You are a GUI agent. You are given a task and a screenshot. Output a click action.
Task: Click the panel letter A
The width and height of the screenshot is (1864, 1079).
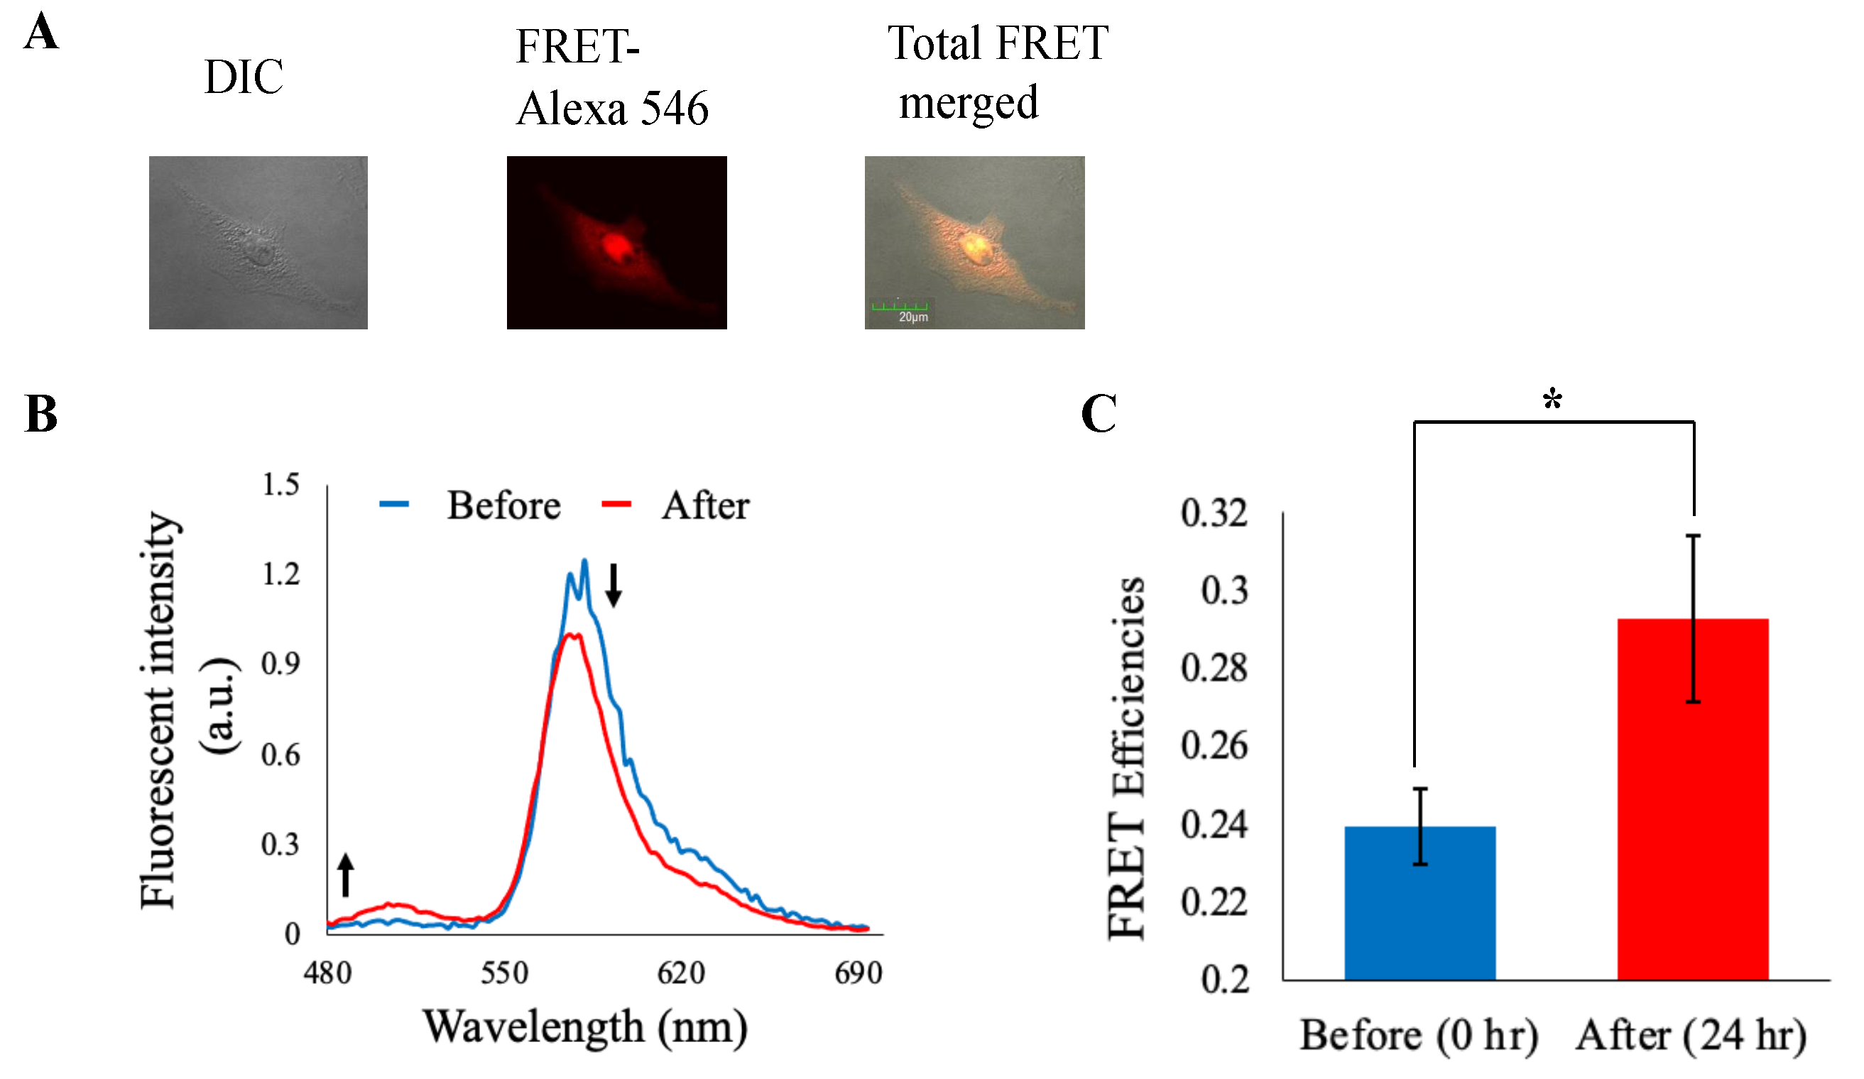[40, 33]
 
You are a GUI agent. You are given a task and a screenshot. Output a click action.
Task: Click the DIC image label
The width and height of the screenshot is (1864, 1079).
[244, 77]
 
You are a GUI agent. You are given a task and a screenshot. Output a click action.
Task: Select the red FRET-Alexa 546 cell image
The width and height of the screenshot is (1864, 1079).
[616, 243]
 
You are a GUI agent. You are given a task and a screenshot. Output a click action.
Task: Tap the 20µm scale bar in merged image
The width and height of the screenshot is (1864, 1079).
[900, 309]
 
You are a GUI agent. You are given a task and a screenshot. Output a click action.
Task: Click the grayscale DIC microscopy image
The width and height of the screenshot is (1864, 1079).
[258, 243]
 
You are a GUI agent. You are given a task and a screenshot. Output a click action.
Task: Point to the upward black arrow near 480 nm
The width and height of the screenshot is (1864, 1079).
[345, 875]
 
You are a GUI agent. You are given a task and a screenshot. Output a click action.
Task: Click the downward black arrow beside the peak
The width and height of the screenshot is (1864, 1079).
[614, 585]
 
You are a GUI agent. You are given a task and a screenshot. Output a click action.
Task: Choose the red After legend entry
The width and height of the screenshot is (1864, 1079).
[675, 506]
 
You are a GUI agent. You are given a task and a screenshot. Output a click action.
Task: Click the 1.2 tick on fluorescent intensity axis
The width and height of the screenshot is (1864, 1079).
[281, 574]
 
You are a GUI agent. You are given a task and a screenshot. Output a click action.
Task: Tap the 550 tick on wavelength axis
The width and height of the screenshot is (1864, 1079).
[504, 973]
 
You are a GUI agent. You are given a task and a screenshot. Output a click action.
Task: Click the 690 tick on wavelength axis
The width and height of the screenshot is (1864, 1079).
[858, 973]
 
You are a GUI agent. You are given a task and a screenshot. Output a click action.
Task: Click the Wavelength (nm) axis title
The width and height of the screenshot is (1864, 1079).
[585, 1027]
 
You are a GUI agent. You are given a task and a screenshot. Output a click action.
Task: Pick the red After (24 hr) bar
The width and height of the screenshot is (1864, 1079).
[1692, 799]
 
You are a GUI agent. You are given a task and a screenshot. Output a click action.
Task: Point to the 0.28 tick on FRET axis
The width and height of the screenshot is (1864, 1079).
[1213, 668]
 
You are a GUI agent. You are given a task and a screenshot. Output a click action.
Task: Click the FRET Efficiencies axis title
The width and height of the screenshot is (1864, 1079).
[1126, 758]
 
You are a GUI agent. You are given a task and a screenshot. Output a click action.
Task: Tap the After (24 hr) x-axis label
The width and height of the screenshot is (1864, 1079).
[1691, 1036]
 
